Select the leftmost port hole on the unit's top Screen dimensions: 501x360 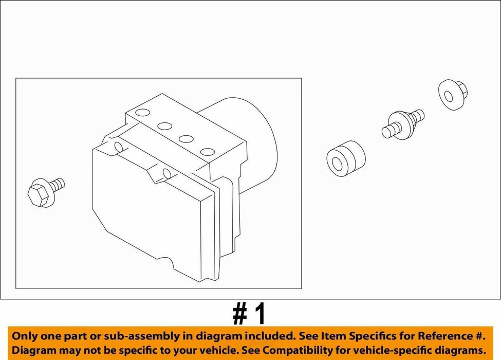(x=142, y=113)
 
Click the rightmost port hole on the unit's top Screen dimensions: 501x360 (x=208, y=152)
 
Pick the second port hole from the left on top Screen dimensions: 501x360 (x=165, y=126)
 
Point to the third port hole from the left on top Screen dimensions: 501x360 (x=186, y=139)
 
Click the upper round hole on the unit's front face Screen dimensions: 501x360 (x=118, y=147)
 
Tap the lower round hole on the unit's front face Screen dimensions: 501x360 (x=168, y=174)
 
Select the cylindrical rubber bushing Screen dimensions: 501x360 (x=346, y=158)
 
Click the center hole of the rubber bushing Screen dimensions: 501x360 (x=338, y=163)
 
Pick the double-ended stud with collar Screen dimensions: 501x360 (x=403, y=124)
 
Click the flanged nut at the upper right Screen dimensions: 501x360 (x=453, y=95)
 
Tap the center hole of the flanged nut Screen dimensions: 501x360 (x=449, y=97)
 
